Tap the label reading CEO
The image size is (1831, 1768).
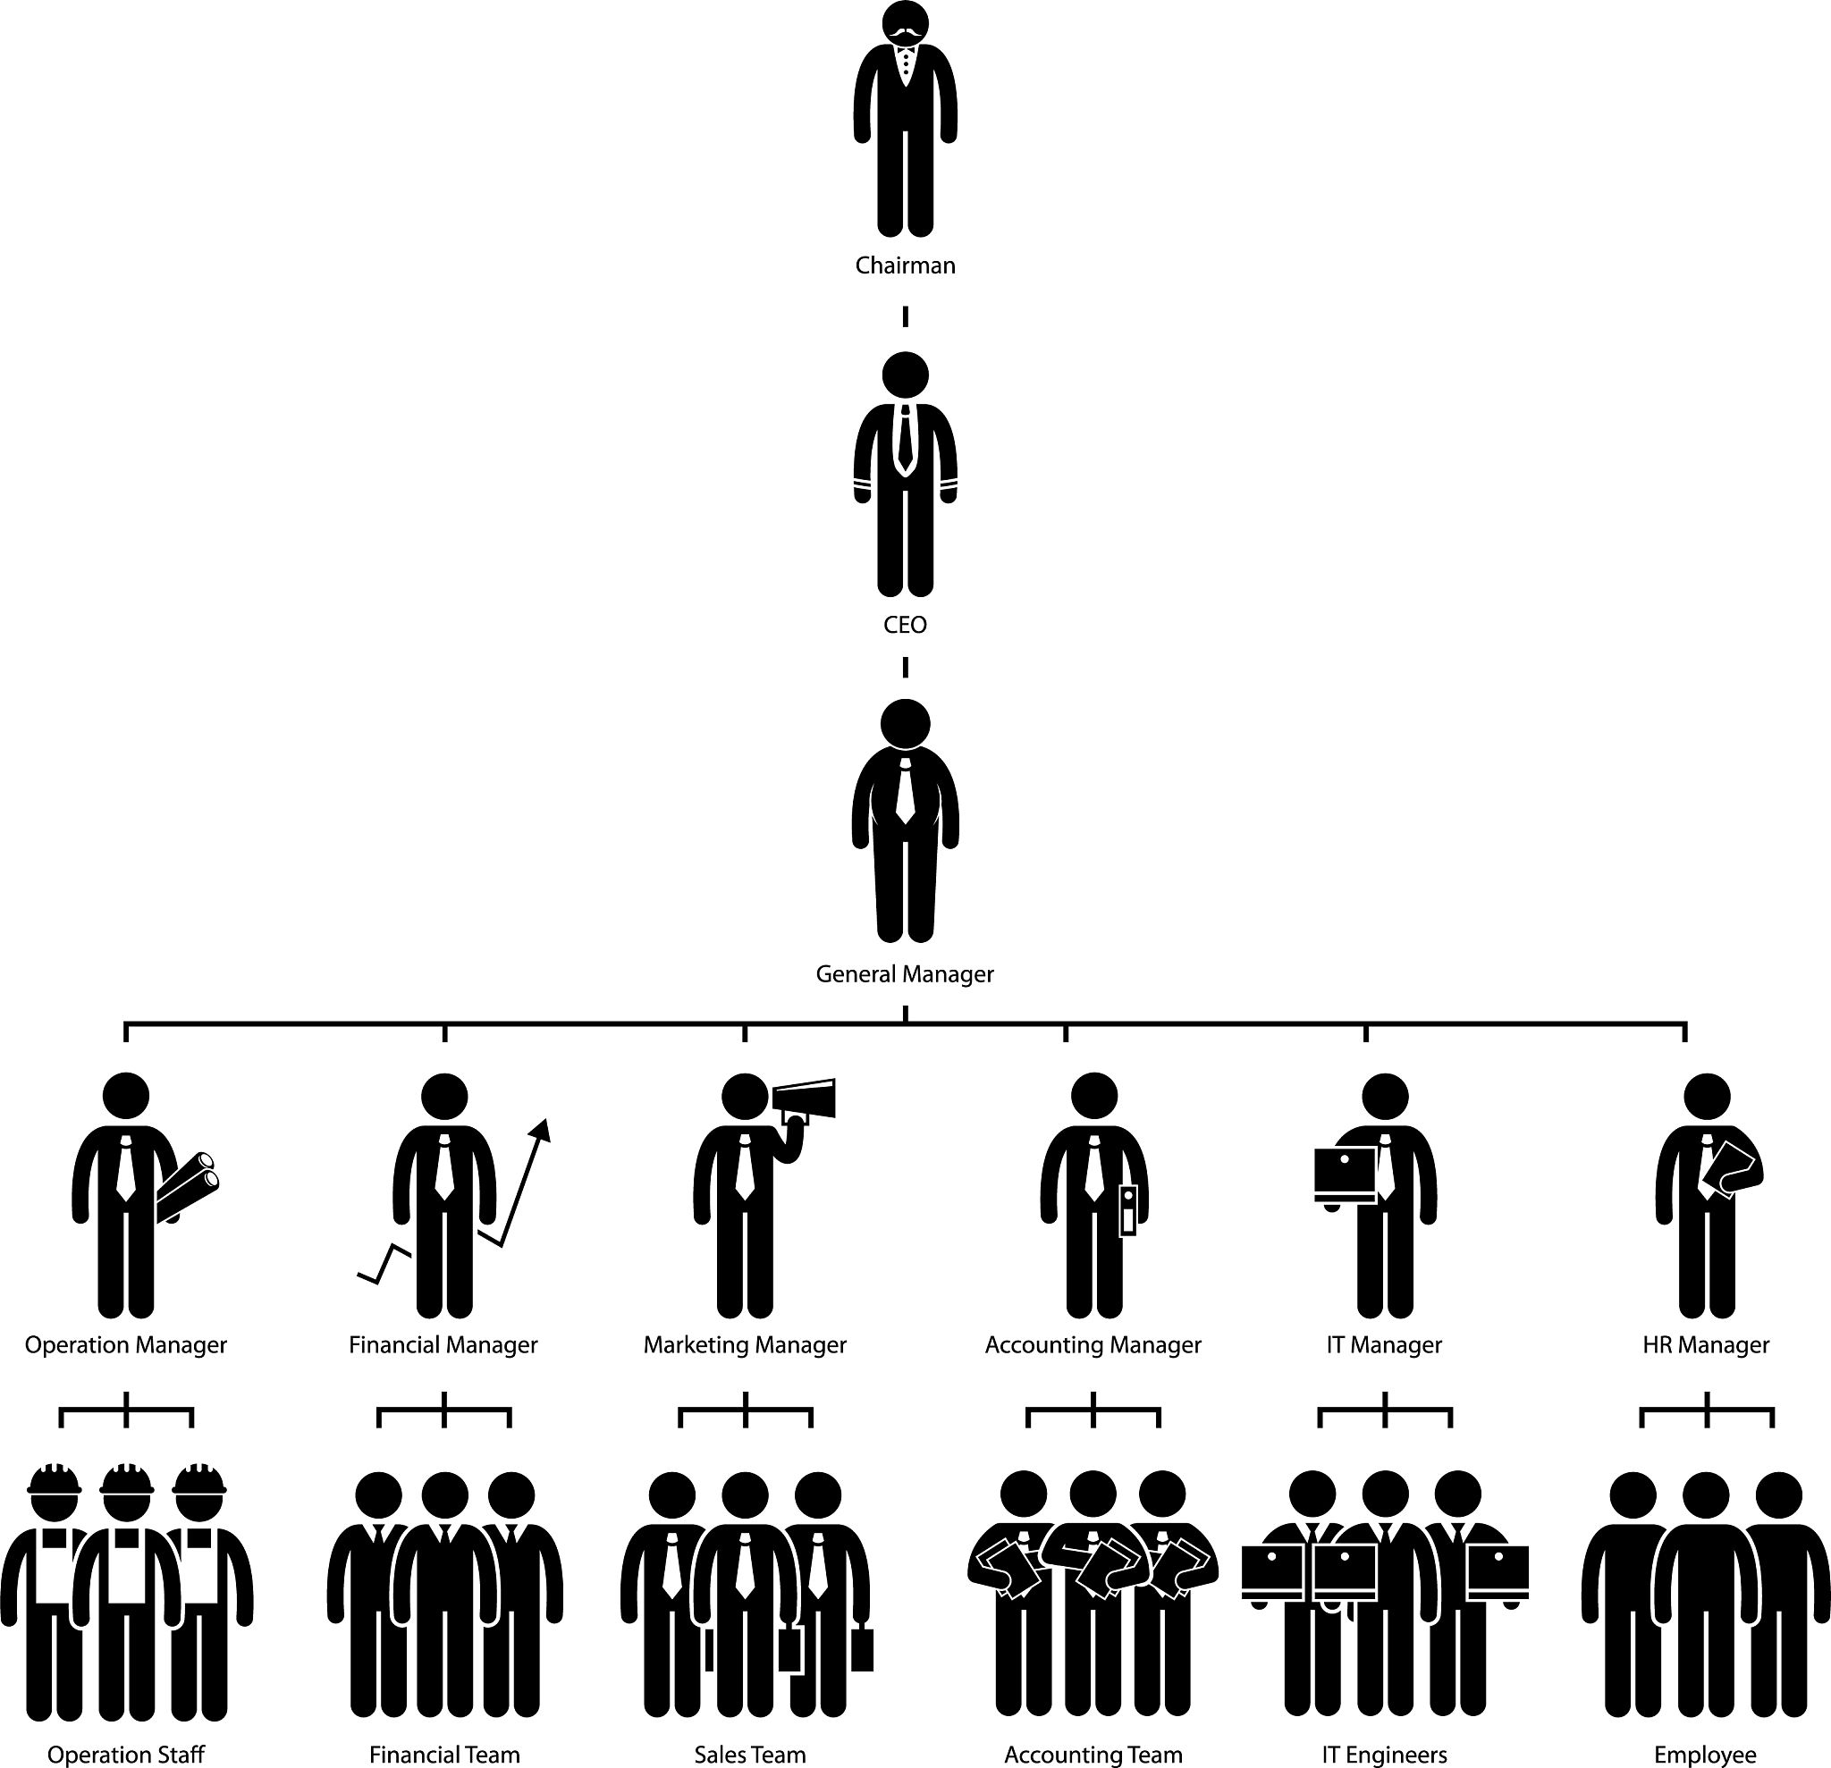[904, 625]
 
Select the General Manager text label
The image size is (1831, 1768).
[904, 974]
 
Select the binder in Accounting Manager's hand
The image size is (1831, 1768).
[1128, 1209]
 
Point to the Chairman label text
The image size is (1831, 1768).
[906, 266]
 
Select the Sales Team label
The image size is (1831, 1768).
[749, 1755]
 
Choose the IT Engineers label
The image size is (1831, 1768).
[1385, 1755]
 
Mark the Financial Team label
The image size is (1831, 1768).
[444, 1755]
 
